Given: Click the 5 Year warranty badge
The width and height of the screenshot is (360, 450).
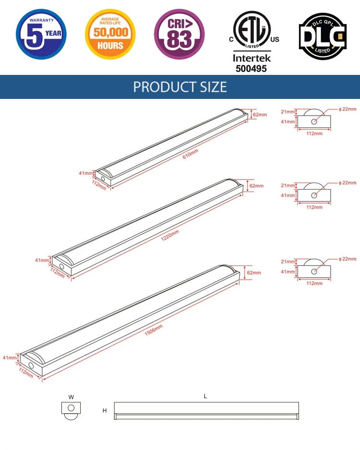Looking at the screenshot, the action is click(x=41, y=35).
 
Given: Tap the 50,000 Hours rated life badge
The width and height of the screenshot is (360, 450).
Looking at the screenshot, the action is click(x=110, y=35).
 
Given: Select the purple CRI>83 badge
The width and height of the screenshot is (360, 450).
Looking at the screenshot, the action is click(x=180, y=35).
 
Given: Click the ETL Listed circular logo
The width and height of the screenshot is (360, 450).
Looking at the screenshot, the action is click(x=252, y=30).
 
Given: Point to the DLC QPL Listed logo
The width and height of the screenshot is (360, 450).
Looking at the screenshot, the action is click(x=323, y=36).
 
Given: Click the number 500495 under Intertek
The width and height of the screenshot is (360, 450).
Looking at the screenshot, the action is click(x=252, y=69).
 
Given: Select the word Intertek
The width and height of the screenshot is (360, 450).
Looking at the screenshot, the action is click(x=252, y=58).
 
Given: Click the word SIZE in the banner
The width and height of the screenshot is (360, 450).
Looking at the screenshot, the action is click(x=213, y=87).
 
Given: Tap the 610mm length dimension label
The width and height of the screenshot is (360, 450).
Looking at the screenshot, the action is click(x=191, y=154).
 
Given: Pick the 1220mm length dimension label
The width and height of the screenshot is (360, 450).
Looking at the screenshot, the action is click(x=170, y=235).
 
